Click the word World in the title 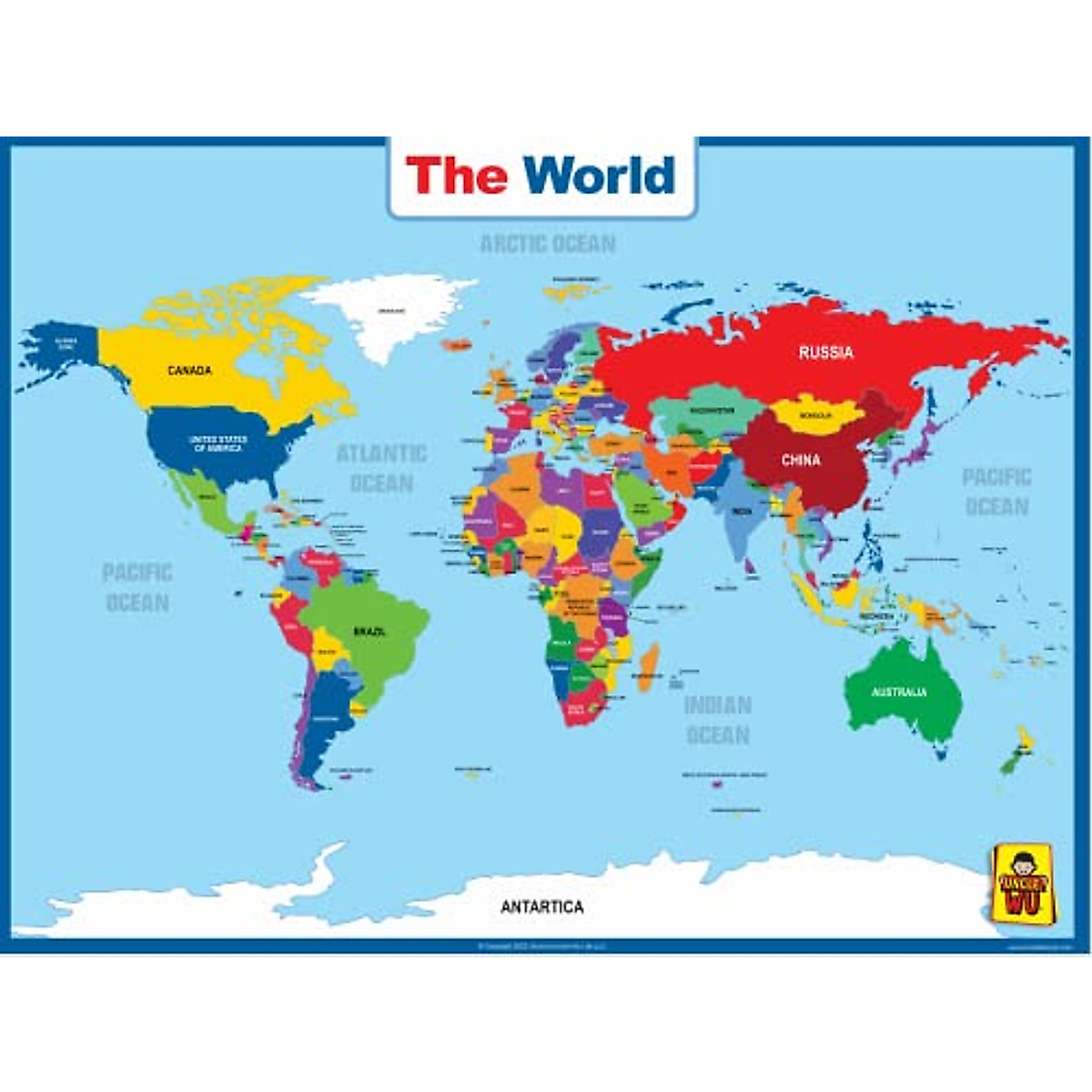pyautogui.click(x=599, y=176)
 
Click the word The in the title pyautogui.click(x=456, y=176)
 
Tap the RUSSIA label pyautogui.click(x=825, y=352)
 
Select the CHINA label pyautogui.click(x=801, y=460)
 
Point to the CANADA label pyautogui.click(x=189, y=370)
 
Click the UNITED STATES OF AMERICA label pyautogui.click(x=218, y=444)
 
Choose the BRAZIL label pyautogui.click(x=369, y=631)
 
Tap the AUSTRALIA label pyautogui.click(x=899, y=693)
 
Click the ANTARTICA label pyautogui.click(x=542, y=907)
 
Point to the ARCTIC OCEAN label pyautogui.click(x=548, y=244)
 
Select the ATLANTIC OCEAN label pyautogui.click(x=381, y=468)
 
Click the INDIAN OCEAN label pyautogui.click(x=718, y=720)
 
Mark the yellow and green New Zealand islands pyautogui.click(x=1016, y=751)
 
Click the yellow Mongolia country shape pyautogui.click(x=814, y=414)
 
